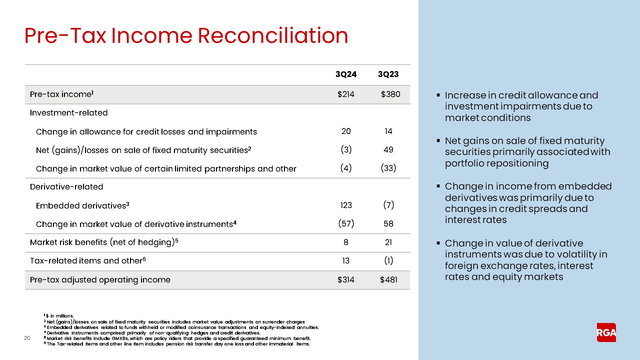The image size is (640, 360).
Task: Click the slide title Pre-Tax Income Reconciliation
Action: tap(186, 36)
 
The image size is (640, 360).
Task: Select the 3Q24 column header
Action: tap(345, 74)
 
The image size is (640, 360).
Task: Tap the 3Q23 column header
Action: tap(388, 74)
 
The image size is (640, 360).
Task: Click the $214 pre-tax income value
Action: tap(345, 94)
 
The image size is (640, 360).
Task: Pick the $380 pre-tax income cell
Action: tap(390, 94)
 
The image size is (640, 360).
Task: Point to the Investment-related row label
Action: tap(68, 112)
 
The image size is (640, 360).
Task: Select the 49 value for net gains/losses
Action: tap(388, 149)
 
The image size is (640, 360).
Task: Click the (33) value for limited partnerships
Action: tap(388, 168)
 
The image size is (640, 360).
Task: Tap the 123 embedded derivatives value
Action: tap(345, 205)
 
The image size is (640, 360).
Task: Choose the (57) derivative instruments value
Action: tap(345, 224)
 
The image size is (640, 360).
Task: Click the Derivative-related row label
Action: tap(66, 186)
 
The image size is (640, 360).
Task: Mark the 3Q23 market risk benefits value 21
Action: tap(388, 242)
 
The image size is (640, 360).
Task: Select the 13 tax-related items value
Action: tap(345, 260)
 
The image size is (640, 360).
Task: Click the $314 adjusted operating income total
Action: tap(345, 279)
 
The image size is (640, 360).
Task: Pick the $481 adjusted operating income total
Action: tap(388, 279)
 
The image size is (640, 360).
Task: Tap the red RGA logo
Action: tap(606, 332)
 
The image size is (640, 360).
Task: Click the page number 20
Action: tap(28, 339)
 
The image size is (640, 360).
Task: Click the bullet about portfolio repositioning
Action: tap(527, 152)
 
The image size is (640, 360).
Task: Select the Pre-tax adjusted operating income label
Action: tap(100, 279)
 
